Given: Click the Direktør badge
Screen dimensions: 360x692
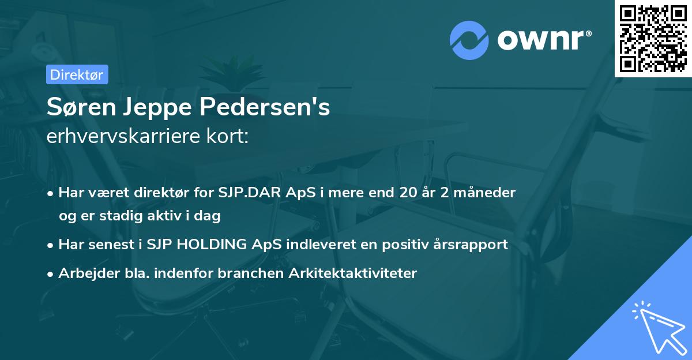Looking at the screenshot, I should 77,75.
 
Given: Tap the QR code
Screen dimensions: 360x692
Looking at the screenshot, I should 652,38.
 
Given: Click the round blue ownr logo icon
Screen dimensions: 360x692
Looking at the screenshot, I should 469,40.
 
